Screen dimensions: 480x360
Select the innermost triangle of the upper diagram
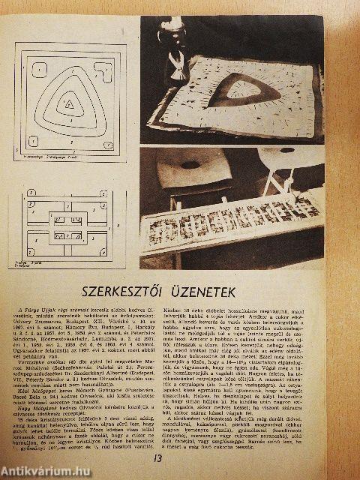click(68, 106)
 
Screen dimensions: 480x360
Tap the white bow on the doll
click(181, 56)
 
